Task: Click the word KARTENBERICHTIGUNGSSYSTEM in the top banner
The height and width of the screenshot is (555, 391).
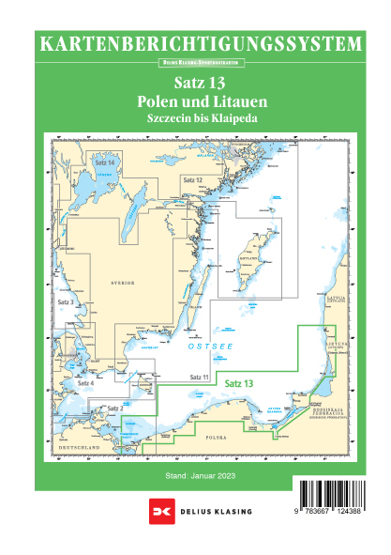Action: tap(196, 43)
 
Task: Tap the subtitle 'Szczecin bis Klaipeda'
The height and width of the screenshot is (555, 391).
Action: tap(195, 119)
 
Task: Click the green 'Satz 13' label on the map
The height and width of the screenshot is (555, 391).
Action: tap(238, 383)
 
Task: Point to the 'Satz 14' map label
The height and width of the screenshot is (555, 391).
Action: tap(105, 163)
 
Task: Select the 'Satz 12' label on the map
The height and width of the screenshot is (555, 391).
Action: tap(192, 178)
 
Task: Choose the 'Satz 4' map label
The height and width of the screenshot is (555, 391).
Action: tap(85, 383)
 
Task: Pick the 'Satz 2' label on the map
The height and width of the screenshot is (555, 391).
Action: tap(115, 409)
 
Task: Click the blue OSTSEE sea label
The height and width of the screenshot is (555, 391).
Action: tap(208, 347)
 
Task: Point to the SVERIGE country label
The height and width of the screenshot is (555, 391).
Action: tap(124, 281)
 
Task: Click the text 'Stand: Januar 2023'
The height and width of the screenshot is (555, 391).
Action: tap(195, 478)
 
